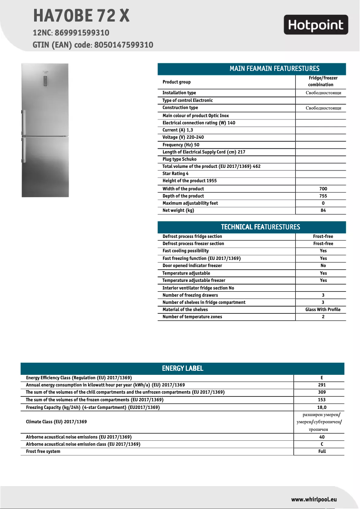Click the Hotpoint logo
click(316, 25)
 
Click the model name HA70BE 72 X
click(81, 16)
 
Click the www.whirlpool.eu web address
click(314, 499)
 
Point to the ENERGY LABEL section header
click(182, 369)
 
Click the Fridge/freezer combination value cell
click(320, 81)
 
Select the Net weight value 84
click(323, 211)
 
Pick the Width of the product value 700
click(323, 189)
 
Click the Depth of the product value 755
click(323, 196)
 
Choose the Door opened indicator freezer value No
click(323, 266)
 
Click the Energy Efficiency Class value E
click(321, 378)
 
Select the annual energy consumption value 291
click(321, 385)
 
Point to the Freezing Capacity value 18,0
click(321, 407)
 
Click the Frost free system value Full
click(321, 451)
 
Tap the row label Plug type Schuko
click(179, 159)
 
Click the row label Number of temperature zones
click(192, 317)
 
